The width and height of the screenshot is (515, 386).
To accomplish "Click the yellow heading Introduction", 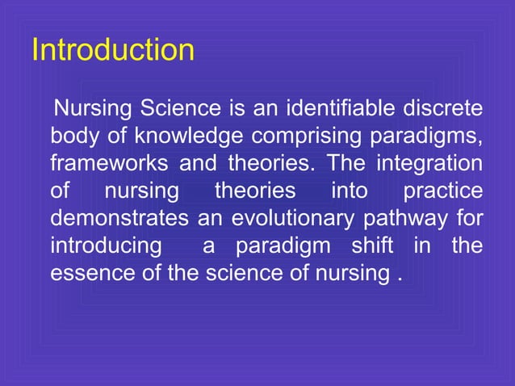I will click(112, 50).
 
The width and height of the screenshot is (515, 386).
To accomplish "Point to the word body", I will click(73, 135).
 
